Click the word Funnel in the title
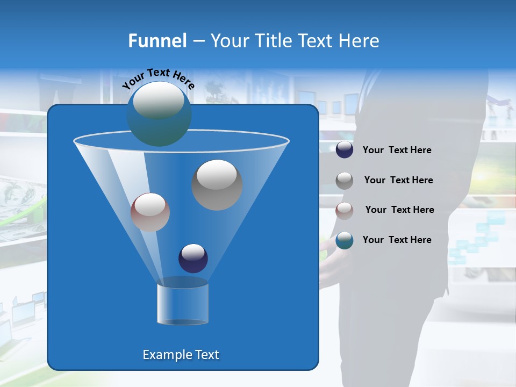pyautogui.click(x=157, y=41)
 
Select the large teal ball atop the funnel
pyautogui.click(x=159, y=114)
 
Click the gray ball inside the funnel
pyautogui.click(x=217, y=184)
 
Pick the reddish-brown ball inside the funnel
pyautogui.click(x=150, y=212)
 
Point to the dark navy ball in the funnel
pyautogui.click(x=193, y=258)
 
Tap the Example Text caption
pyautogui.click(x=181, y=355)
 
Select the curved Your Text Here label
pyautogui.click(x=158, y=77)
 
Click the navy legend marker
pyautogui.click(x=345, y=150)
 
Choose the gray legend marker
pyautogui.click(x=345, y=181)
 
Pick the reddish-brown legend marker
pyautogui.click(x=345, y=210)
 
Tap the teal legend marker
pyautogui.click(x=345, y=240)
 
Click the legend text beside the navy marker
pyautogui.click(x=397, y=150)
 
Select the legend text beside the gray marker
pyautogui.click(x=398, y=180)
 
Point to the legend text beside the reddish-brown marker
pyautogui.click(x=399, y=210)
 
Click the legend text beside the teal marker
pyautogui.click(x=397, y=240)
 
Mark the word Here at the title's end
pyautogui.click(x=361, y=41)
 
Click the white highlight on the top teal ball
pyautogui.click(x=159, y=101)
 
